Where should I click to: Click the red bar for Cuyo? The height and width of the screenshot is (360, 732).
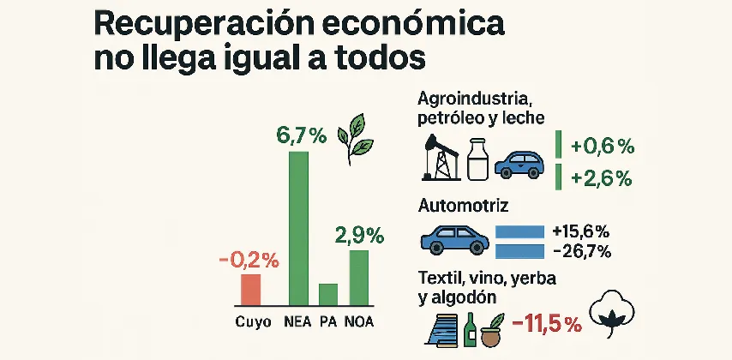250,290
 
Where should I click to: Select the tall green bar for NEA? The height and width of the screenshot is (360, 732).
298,228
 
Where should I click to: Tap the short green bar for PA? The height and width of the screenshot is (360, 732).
328,294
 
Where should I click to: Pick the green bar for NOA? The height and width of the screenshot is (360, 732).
359,278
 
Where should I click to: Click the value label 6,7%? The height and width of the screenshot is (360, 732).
300,135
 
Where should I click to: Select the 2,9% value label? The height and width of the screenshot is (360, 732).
359,235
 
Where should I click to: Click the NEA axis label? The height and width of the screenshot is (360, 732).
297,323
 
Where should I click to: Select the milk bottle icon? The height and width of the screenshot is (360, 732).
478,160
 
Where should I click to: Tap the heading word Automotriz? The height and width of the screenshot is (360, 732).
463,206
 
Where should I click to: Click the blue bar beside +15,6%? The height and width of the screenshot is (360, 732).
520,231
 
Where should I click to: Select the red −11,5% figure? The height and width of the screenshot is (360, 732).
546,324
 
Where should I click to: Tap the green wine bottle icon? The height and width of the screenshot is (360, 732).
470,329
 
